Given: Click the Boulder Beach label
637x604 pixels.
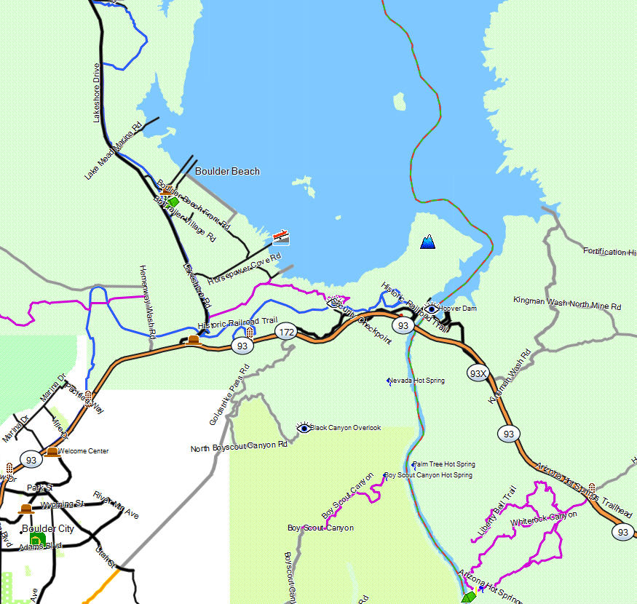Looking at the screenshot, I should (x=227, y=171).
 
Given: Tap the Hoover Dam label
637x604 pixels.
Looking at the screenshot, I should (x=457, y=309).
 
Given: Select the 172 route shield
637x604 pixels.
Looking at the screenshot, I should (x=285, y=333).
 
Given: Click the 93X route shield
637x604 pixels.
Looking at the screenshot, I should (x=478, y=374).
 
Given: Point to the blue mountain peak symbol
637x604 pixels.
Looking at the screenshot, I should (x=428, y=242).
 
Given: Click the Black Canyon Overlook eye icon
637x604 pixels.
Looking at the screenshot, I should (x=304, y=427).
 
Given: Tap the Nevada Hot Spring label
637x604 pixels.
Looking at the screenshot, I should (x=416, y=381).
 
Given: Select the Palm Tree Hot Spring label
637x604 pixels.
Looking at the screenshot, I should (x=444, y=464).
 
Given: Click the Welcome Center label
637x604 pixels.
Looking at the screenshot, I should (x=83, y=451).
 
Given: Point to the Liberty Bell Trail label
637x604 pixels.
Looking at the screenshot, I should (x=497, y=514).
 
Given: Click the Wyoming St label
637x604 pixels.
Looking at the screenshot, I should (x=60, y=504).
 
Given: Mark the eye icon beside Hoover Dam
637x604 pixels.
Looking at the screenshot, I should (x=431, y=309).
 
